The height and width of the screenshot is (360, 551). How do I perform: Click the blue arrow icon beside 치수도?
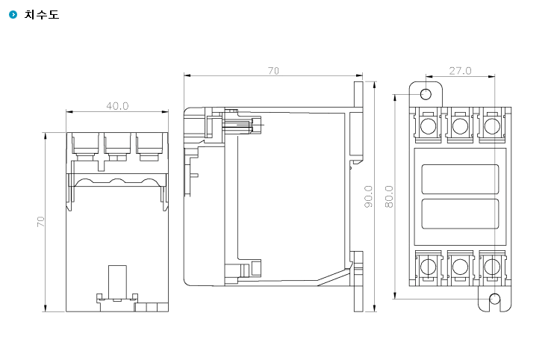13,14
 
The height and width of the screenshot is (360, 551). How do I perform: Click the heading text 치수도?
42,14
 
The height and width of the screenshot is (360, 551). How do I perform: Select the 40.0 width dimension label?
117,106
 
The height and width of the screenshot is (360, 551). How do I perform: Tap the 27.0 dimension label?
460,71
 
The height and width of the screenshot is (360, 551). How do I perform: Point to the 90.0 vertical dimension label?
368,196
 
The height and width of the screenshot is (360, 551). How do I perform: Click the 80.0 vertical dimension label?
389,196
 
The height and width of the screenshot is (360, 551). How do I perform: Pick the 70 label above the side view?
273,71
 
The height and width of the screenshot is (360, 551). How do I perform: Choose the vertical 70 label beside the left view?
41,222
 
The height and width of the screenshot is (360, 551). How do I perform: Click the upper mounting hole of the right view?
426,94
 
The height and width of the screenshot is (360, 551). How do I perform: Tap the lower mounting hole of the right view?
494,299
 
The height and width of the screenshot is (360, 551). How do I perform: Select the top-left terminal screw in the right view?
428,126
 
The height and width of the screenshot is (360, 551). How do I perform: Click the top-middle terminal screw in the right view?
460,126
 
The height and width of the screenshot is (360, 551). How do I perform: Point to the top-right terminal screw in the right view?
492,126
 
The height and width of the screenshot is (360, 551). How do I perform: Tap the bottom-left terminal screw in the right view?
428,267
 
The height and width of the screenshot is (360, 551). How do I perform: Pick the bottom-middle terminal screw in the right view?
460,267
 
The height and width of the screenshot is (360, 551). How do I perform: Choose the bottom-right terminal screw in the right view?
492,267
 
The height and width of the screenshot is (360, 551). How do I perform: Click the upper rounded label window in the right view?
460,179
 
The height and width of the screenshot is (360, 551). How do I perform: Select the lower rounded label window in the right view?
460,214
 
